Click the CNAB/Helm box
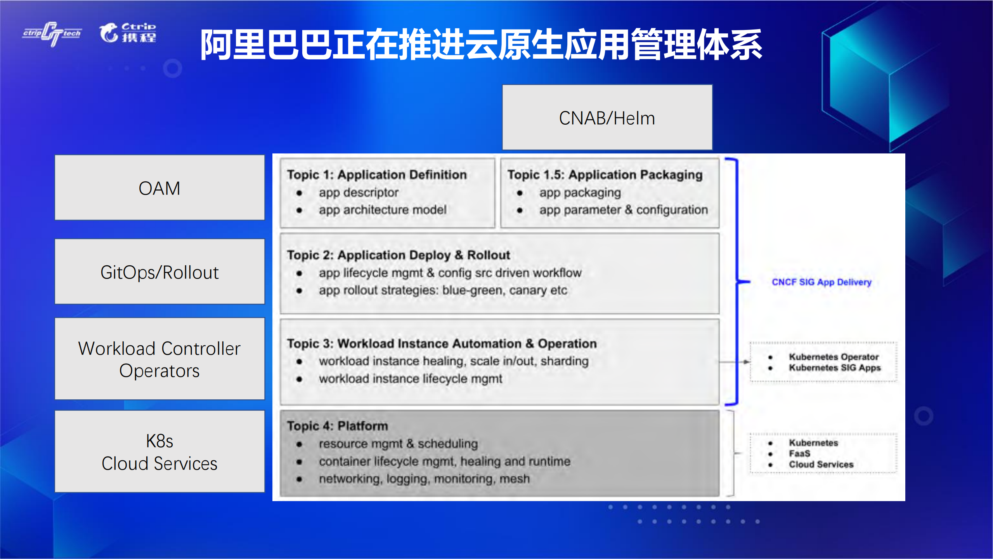(x=607, y=117)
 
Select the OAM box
(x=159, y=188)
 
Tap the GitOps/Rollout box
(x=159, y=272)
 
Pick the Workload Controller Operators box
(x=159, y=359)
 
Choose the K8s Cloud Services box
(x=159, y=452)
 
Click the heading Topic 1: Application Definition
(x=376, y=175)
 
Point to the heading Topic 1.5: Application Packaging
(x=605, y=175)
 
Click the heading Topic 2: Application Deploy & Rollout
(x=398, y=255)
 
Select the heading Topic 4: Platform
(x=337, y=426)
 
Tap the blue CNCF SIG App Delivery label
(x=821, y=282)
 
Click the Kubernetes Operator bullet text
(x=834, y=357)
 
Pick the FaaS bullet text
(x=799, y=453)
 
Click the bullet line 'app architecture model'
(x=382, y=210)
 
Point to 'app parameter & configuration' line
(x=623, y=210)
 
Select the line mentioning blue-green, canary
(x=442, y=290)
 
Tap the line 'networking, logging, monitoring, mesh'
(x=424, y=479)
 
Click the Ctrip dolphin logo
(x=128, y=33)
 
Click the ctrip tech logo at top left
(x=52, y=33)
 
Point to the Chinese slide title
(x=481, y=45)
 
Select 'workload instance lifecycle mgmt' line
(x=410, y=378)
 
